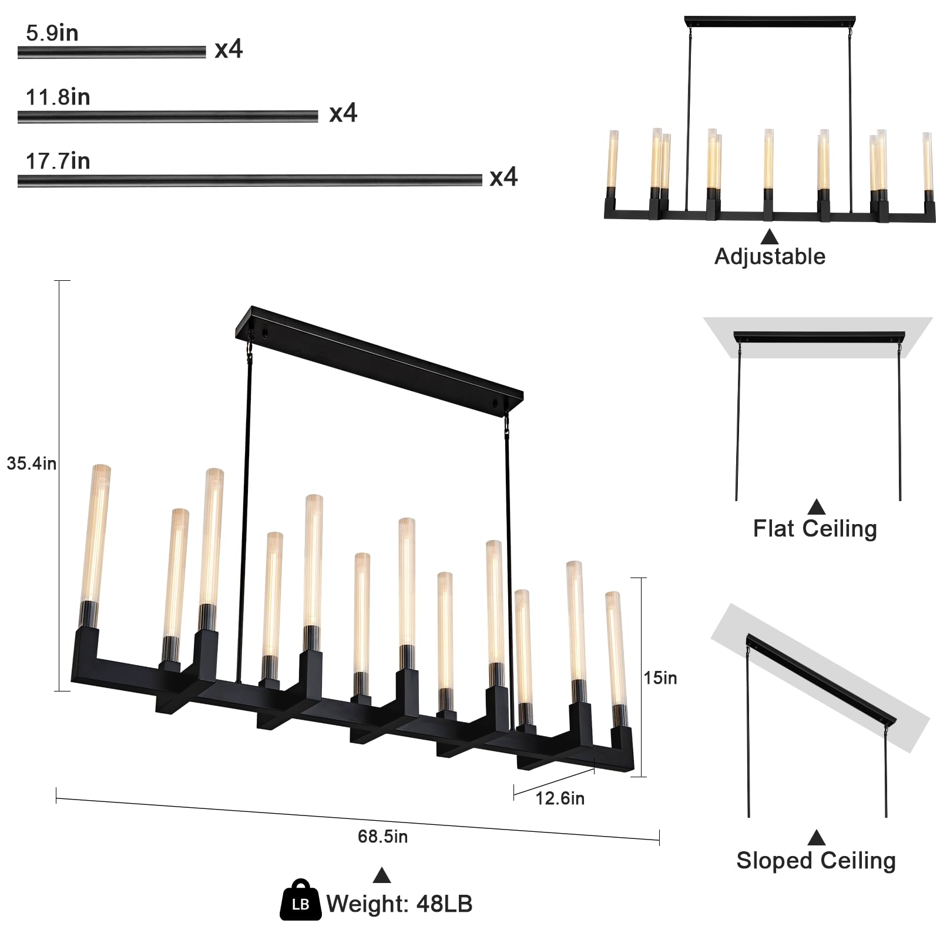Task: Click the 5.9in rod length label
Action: click(52, 33)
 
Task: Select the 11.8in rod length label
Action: click(58, 97)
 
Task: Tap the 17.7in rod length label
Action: click(58, 161)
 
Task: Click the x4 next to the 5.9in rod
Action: click(229, 49)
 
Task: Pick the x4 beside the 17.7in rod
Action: click(503, 177)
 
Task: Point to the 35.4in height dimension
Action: click(32, 464)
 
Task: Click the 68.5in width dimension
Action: click(382, 836)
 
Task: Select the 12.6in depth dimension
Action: click(560, 798)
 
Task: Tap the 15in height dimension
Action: click(660, 678)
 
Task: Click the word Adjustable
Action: click(770, 257)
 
